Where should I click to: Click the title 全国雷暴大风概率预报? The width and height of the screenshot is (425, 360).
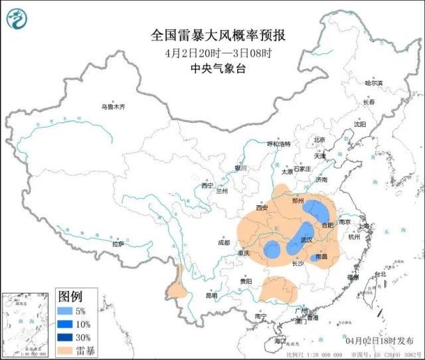pyautogui.click(x=213, y=35)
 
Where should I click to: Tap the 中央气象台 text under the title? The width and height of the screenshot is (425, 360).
pyautogui.click(x=213, y=68)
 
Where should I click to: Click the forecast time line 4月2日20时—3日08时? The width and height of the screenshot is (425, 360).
pyautogui.click(x=213, y=52)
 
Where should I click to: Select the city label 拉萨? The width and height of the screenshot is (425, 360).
pyautogui.click(x=118, y=244)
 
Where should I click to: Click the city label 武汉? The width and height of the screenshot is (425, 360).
pyautogui.click(x=306, y=240)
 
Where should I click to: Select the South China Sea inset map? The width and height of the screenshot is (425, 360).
pyautogui.click(x=27, y=323)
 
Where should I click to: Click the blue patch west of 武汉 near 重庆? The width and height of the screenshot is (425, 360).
pyautogui.click(x=272, y=250)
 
